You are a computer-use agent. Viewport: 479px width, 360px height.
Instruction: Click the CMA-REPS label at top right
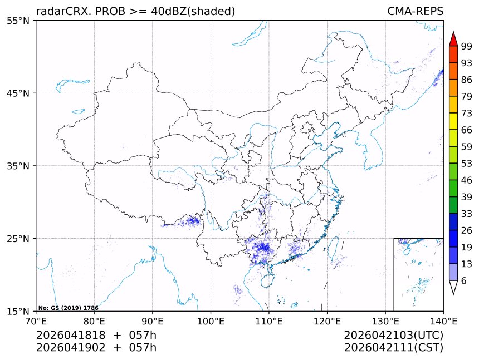[x=415, y=11]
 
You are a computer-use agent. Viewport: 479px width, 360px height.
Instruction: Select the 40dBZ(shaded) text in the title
[x=193, y=11]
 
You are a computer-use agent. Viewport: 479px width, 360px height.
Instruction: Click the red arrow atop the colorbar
[x=453, y=39]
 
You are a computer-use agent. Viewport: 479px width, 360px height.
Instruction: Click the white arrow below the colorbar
[x=453, y=287]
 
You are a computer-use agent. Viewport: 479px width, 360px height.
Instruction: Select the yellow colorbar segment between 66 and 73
[x=453, y=121]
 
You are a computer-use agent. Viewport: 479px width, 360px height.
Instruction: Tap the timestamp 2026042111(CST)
[x=393, y=348]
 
